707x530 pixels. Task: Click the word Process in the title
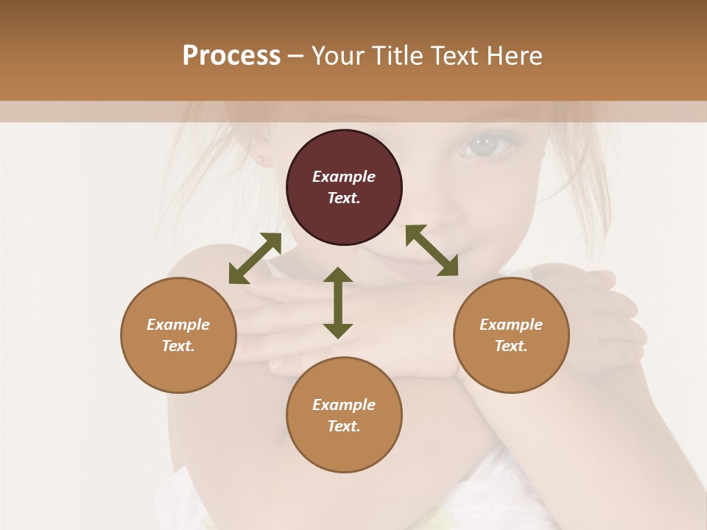pos(231,56)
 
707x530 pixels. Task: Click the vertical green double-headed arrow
pos(338,303)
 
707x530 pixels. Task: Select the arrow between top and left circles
pos(255,258)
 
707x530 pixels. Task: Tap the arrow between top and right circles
pos(432,250)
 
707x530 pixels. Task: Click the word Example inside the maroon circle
pos(344,177)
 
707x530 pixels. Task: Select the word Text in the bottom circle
pos(344,426)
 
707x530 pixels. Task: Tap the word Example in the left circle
pos(178,325)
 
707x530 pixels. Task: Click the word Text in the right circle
pos(511,346)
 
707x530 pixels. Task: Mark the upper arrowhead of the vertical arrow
pos(338,275)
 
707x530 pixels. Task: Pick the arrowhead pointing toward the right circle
pos(448,266)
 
